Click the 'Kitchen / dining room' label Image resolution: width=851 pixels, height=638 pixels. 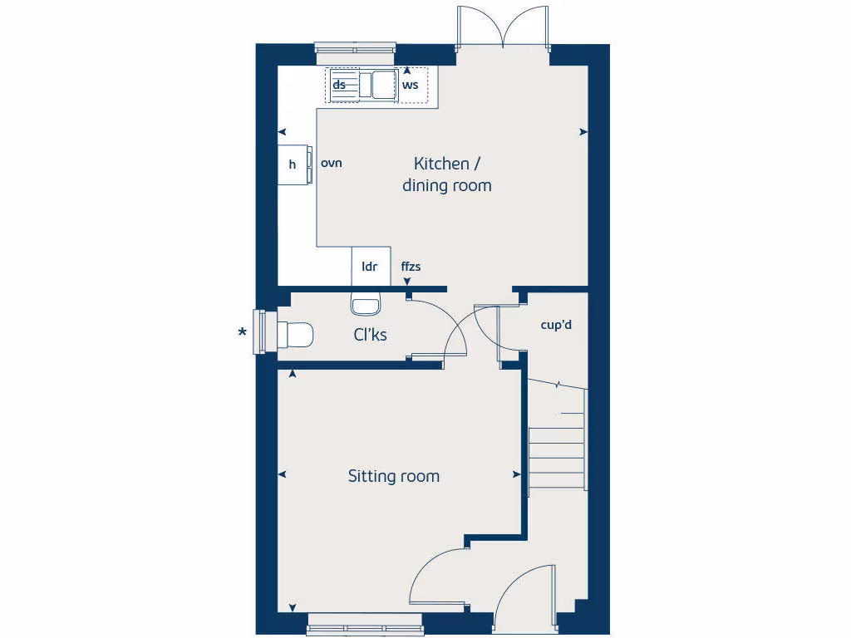pyautogui.click(x=447, y=174)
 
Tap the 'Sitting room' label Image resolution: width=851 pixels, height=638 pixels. pyautogui.click(x=393, y=476)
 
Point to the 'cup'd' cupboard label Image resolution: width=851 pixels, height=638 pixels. pyautogui.click(x=556, y=325)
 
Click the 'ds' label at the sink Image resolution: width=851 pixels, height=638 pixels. pyautogui.click(x=339, y=85)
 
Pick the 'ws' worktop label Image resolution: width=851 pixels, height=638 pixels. pyautogui.click(x=410, y=85)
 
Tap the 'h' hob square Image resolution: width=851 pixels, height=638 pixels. pyautogui.click(x=293, y=164)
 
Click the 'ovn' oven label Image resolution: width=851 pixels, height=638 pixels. pyautogui.click(x=332, y=163)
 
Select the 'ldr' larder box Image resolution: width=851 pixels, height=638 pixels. pyautogui.click(x=371, y=267)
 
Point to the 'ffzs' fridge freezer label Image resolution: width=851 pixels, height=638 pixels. pyautogui.click(x=411, y=267)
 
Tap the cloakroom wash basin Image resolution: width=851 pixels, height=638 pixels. pyautogui.click(x=365, y=304)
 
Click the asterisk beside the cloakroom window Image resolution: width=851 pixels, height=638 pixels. pyautogui.click(x=242, y=334)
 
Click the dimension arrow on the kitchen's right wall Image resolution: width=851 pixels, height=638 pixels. pyautogui.click(x=584, y=131)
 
